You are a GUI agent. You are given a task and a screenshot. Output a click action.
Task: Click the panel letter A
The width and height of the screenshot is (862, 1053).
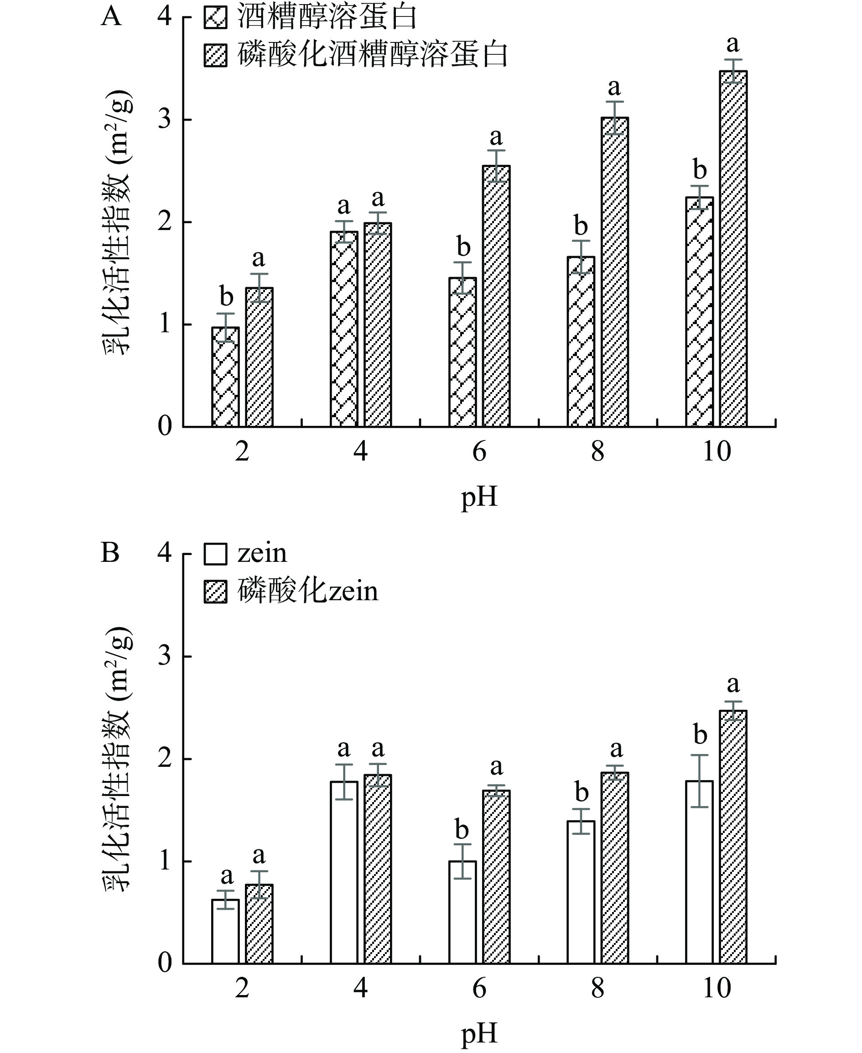[x=111, y=16]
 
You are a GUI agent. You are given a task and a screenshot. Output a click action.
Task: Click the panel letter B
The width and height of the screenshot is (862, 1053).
[x=110, y=553]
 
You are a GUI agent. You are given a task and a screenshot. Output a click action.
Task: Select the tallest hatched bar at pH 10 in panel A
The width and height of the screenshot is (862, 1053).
[x=733, y=248]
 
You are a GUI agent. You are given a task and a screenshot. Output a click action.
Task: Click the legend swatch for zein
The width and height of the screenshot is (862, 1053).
[x=215, y=554]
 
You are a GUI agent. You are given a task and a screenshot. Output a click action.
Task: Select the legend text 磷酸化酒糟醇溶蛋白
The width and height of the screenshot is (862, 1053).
[x=373, y=55]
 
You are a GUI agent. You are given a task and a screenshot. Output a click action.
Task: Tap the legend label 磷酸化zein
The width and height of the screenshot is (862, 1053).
[x=308, y=592]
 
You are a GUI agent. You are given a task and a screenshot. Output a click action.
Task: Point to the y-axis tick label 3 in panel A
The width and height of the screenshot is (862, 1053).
[x=164, y=120]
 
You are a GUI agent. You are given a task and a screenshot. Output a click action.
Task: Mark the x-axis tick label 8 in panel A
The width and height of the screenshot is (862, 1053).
[x=598, y=451]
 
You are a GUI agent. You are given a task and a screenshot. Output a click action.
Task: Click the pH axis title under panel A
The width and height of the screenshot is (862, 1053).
[x=479, y=497]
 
